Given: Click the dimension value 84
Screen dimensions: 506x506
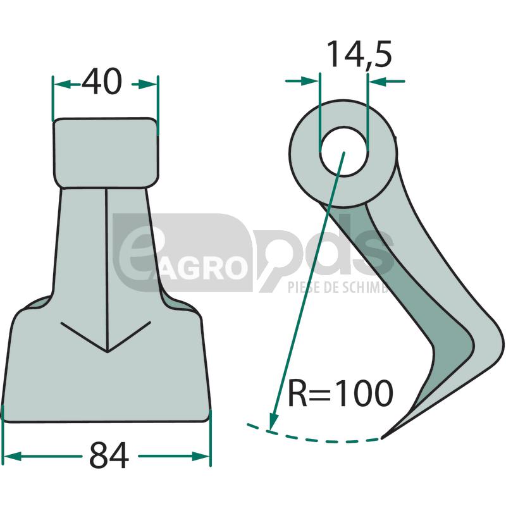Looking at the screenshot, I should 109,456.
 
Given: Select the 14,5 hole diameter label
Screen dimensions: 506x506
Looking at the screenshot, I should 359,56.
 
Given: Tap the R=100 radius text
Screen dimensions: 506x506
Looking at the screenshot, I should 340,394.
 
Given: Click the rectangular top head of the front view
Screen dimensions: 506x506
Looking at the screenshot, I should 105,152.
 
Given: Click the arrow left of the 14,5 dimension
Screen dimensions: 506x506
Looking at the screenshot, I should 309,81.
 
